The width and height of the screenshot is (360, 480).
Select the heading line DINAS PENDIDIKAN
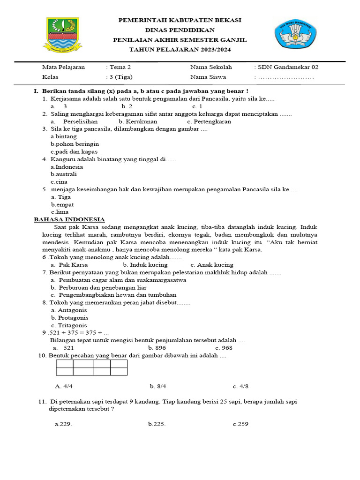click(x=180, y=30)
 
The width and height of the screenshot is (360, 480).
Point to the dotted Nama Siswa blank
click(x=286, y=77)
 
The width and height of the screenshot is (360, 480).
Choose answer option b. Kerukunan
click(x=138, y=121)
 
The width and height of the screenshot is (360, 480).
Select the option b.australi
click(x=64, y=174)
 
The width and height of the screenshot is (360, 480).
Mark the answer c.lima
click(x=60, y=212)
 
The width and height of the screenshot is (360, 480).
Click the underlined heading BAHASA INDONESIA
click(x=69, y=219)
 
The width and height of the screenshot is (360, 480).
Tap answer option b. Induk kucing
click(x=145, y=265)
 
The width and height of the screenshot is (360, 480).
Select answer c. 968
click(x=224, y=348)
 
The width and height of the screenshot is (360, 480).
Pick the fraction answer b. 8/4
click(x=158, y=386)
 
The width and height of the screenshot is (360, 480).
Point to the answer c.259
click(x=240, y=424)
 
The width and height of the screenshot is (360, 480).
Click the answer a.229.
click(x=63, y=424)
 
